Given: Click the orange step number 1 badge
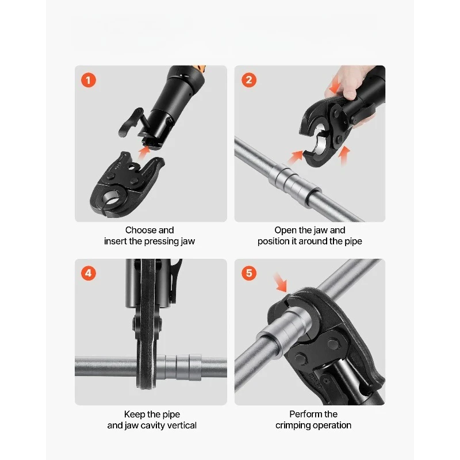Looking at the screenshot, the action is pos(89,80).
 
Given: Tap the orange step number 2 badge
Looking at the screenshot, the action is pos(249,80).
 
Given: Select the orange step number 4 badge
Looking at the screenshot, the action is pos(89,273).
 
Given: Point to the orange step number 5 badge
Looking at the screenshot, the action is pos(249,273).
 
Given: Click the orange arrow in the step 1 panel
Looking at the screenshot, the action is pos(144,153).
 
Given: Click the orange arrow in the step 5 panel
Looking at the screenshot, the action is pos(280,282).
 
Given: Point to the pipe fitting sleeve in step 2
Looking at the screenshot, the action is pos(294,185).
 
